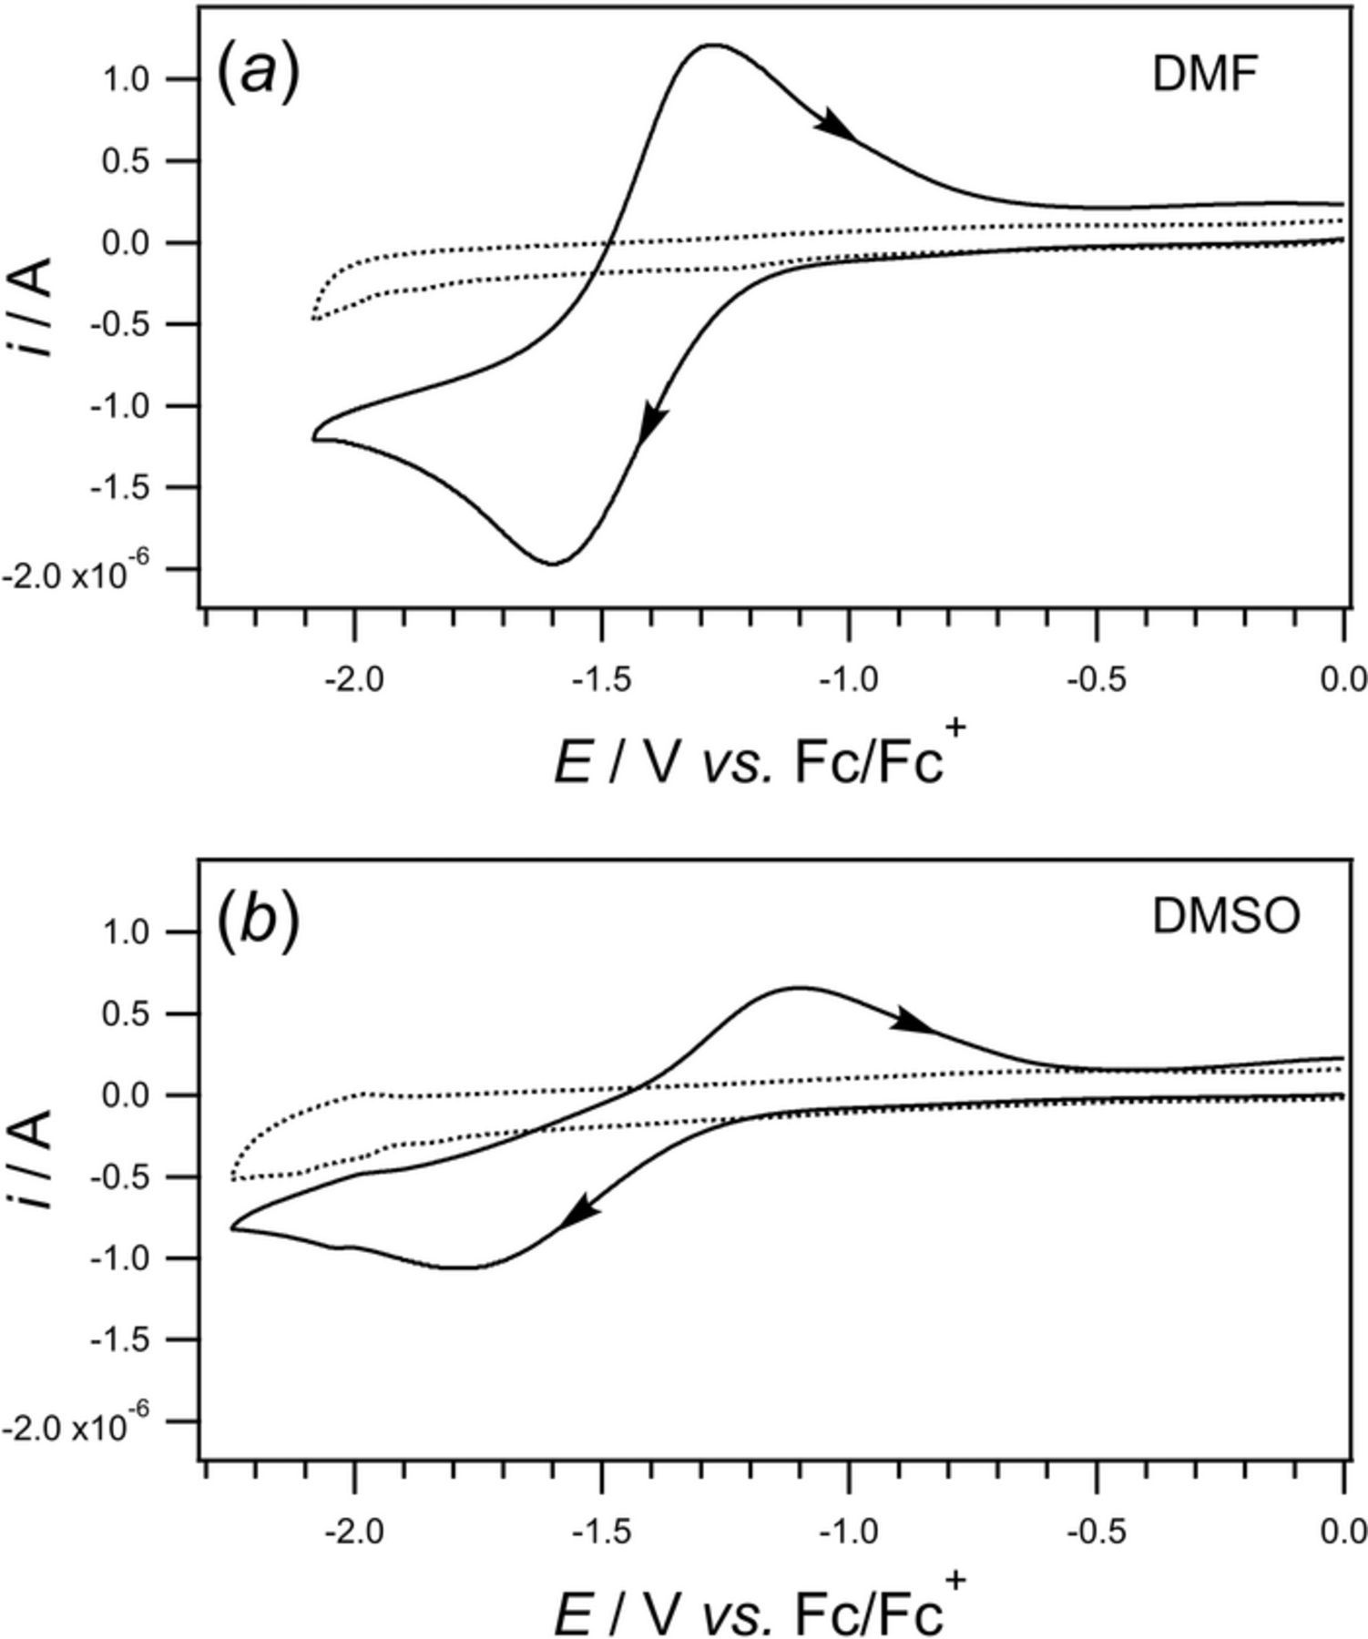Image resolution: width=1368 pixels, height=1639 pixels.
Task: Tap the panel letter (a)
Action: coord(258,73)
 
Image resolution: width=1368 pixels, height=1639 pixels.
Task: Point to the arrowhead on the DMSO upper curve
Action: coord(913,1022)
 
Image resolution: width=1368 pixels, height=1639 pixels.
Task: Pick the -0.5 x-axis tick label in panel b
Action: coord(1097,1532)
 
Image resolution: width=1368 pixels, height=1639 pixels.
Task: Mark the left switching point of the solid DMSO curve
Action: coord(232,1228)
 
